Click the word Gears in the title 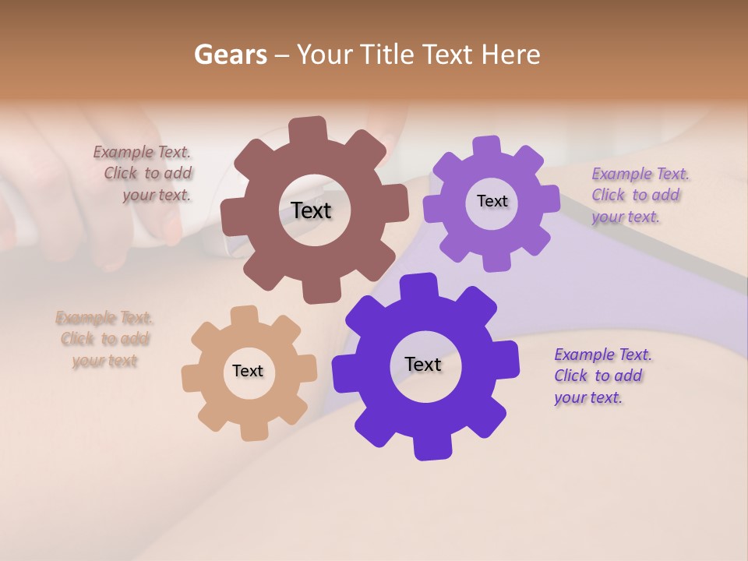tap(230, 55)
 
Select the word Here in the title tap(511, 55)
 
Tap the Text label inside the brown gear tap(311, 210)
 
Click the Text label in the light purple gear tap(492, 201)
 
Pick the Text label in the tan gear tap(248, 371)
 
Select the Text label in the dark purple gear tap(423, 364)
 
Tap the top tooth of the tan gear tap(245, 315)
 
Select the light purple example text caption tap(638, 195)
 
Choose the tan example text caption tap(104, 339)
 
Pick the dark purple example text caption tap(602, 376)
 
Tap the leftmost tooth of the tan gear tap(191, 378)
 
